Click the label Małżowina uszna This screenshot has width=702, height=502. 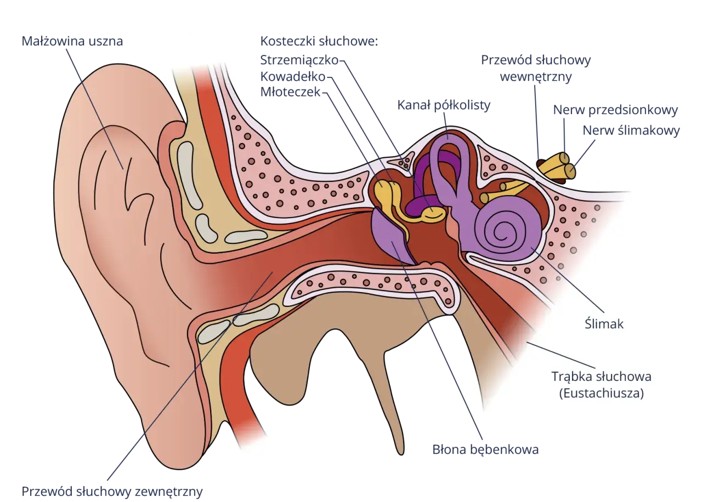[72, 41]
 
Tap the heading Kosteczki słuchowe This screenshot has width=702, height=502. [319, 41]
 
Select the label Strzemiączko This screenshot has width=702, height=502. [299, 60]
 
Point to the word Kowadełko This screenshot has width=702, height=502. [293, 76]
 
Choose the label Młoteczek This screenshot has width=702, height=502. [290, 92]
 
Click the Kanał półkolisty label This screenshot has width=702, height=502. [444, 106]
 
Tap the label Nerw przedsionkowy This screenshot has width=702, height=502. [615, 110]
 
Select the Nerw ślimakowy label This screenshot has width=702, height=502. [631, 130]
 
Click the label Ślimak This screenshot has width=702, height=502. [604, 324]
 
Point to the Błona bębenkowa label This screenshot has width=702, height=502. [485, 450]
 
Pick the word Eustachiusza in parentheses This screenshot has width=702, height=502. [602, 393]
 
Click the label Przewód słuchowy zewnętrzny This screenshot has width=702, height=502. [112, 492]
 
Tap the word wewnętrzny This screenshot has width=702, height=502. [536, 77]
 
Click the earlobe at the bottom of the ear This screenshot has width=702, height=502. [179, 444]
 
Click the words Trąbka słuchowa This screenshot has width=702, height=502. [602, 376]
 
